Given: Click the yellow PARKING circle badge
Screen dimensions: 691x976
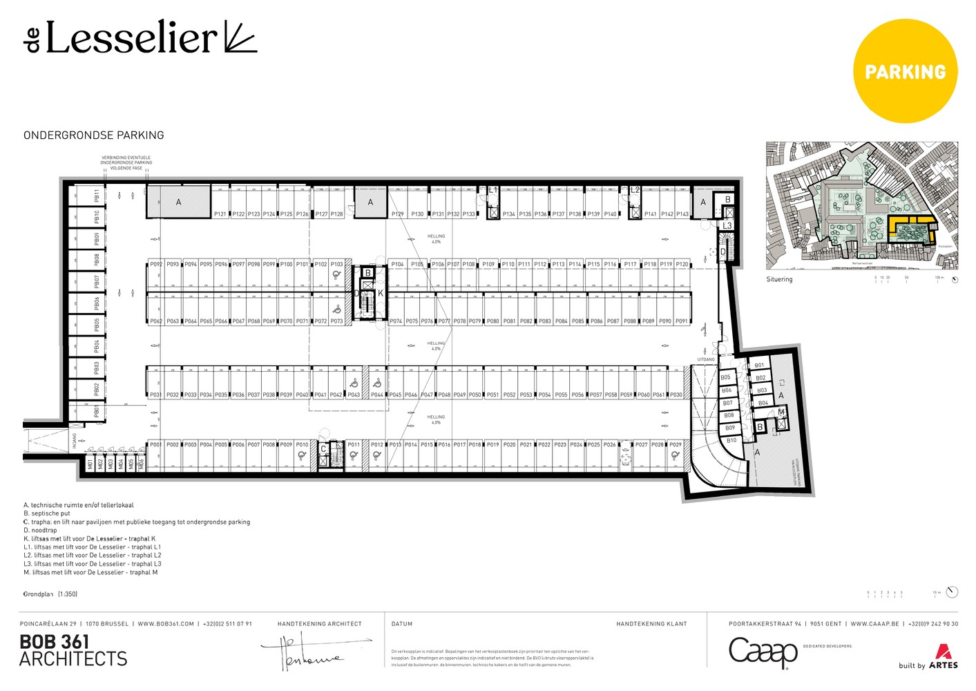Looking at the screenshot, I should [906, 72].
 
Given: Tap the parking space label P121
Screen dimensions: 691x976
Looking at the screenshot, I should [220, 214].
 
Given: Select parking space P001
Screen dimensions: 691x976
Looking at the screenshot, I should [155, 445].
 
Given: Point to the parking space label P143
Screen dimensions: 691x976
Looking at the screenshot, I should [682, 214].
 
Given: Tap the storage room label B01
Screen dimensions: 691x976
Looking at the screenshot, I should [759, 366].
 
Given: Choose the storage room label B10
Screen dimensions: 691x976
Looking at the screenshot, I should [731, 440].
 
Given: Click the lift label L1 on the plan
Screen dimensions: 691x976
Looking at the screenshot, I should [492, 190].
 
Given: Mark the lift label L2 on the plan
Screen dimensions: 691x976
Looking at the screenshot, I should [635, 190].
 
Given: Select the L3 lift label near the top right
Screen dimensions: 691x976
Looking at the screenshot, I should [727, 226].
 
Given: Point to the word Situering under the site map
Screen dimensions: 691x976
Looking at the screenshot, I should [779, 279].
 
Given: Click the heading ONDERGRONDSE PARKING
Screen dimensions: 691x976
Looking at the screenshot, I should [94, 135].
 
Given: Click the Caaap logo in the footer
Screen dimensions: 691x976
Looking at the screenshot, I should [763, 652].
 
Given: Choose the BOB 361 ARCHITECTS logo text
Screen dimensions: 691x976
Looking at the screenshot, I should [73, 650].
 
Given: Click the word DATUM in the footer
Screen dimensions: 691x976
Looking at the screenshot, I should [402, 624].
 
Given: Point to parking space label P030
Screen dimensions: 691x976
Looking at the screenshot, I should [676, 395].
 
